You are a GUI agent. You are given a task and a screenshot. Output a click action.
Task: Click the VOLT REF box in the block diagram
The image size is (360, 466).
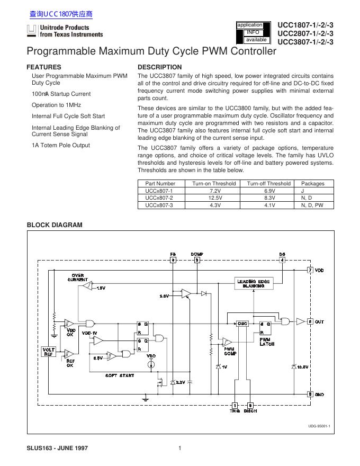(49, 352)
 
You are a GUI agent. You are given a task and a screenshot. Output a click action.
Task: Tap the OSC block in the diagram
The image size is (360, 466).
(242, 323)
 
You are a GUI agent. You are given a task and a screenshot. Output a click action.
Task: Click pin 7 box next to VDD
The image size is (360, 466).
(310, 270)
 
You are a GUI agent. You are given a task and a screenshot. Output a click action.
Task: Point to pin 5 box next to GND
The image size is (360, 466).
(310, 394)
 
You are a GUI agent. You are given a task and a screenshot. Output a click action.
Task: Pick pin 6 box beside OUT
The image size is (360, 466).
(310, 321)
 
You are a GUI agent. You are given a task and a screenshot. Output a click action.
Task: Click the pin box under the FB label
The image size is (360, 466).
(173, 260)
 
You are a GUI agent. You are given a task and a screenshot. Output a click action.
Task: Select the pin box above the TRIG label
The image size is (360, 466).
(235, 405)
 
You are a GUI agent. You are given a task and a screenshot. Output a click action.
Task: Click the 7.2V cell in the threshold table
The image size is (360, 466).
(215, 191)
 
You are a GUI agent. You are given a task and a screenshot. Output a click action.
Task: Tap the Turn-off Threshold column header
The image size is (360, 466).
(268, 183)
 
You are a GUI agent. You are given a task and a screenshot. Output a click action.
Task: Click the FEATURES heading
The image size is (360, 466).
(43, 67)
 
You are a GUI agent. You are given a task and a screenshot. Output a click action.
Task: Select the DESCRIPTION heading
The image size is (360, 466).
(159, 67)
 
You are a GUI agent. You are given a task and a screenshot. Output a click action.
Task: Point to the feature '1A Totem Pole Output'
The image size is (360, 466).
(61, 145)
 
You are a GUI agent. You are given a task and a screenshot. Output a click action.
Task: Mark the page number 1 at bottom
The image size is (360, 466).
(180, 449)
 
